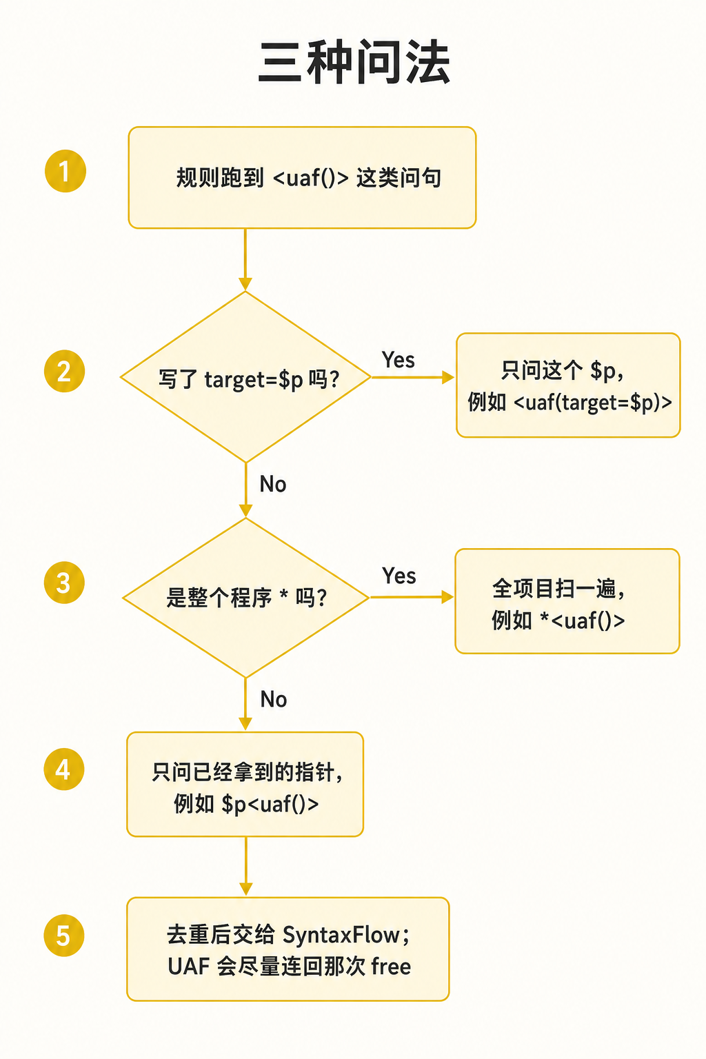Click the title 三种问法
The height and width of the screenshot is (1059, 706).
(x=354, y=63)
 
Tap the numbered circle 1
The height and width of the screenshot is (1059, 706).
(x=65, y=171)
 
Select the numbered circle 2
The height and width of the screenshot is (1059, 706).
(x=64, y=371)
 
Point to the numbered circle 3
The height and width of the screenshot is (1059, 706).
(x=64, y=583)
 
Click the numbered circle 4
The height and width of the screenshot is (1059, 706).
(x=64, y=769)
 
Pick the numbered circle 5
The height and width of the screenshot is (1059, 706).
(x=64, y=936)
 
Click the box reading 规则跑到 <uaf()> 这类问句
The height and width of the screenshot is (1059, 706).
(x=302, y=178)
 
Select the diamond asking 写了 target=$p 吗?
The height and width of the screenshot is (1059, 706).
(x=246, y=377)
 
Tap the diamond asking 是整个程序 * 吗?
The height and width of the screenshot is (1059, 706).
(x=246, y=598)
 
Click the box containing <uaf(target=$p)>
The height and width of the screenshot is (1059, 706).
(x=568, y=385)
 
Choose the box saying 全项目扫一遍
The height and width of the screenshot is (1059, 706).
(x=567, y=601)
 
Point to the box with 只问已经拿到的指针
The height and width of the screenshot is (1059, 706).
(x=245, y=785)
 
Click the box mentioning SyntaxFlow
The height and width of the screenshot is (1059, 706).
(x=288, y=949)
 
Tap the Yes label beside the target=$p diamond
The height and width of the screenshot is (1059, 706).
(x=399, y=361)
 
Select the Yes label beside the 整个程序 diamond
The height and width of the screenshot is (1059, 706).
(x=399, y=576)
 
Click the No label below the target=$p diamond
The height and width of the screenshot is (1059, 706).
(x=273, y=484)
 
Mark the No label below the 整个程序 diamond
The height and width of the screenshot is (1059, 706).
(x=274, y=699)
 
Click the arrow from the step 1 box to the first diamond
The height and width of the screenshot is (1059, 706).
(x=245, y=259)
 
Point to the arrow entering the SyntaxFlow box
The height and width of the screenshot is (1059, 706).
(x=246, y=866)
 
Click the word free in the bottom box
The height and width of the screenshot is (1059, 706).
(x=391, y=966)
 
